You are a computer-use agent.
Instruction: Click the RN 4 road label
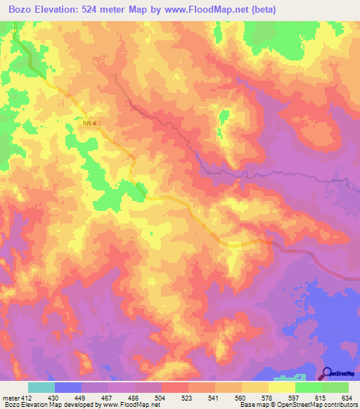89,124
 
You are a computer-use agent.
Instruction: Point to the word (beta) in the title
260,10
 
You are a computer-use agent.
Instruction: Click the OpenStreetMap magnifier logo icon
327,374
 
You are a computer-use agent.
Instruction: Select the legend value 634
348,397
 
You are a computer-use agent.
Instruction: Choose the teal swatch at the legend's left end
41,387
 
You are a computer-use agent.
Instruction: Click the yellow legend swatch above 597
281,387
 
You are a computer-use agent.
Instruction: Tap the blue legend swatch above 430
68,387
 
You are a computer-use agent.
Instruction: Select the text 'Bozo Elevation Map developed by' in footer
49,405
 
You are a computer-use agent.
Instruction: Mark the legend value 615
321,397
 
